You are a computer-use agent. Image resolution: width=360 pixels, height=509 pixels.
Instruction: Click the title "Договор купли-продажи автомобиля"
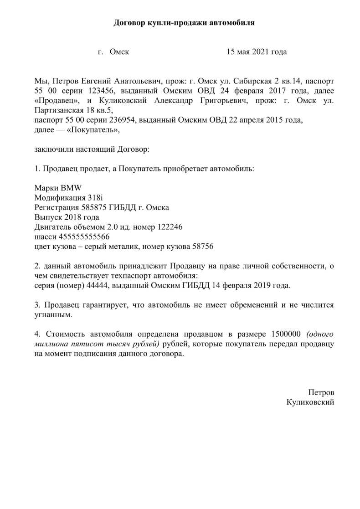(x=184, y=22)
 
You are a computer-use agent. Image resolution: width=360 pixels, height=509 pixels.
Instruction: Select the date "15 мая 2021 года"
(x=257, y=52)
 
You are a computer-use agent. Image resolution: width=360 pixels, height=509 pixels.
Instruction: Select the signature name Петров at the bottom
(x=321, y=392)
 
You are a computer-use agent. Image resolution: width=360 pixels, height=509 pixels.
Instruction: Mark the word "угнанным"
(x=53, y=314)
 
